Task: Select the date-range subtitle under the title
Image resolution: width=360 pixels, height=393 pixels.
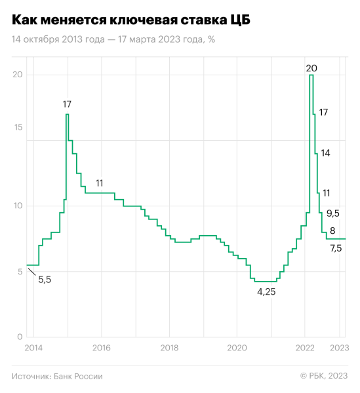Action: click(113, 39)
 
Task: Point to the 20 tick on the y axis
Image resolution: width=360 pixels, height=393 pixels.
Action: click(18, 75)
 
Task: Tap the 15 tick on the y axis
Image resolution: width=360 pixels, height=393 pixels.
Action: click(18, 127)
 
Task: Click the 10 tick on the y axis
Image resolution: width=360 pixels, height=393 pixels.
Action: click(18, 206)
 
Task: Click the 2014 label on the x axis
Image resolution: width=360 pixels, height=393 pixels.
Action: click(35, 348)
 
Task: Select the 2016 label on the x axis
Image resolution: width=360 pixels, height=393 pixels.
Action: click(102, 348)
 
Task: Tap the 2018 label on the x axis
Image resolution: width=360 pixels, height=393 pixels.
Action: click(169, 348)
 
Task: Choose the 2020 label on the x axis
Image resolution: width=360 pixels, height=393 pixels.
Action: click(237, 348)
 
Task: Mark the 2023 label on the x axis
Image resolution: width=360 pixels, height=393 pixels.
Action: click(338, 348)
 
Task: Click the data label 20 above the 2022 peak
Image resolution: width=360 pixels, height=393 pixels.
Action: click(311, 67)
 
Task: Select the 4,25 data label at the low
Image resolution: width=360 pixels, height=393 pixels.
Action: click(266, 292)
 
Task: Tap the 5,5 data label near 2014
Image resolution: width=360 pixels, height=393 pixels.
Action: click(45, 280)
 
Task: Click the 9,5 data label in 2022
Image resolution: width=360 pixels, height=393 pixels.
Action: click(333, 213)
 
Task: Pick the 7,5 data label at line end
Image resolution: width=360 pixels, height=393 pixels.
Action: click(336, 249)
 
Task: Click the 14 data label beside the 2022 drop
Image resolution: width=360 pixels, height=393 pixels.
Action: click(325, 153)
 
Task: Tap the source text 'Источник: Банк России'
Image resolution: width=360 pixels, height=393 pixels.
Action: click(57, 376)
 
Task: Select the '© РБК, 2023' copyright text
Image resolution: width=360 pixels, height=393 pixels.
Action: click(323, 376)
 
